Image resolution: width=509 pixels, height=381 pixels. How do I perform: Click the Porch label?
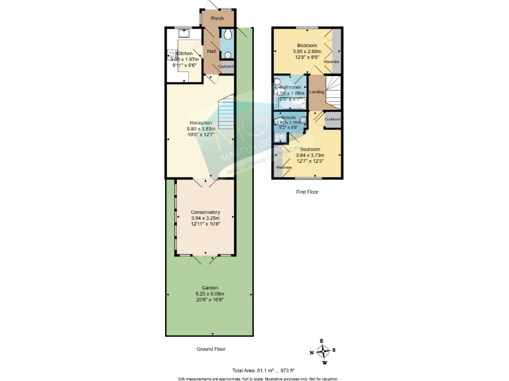(x=217, y=19)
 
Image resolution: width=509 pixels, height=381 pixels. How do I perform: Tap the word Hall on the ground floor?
(x=212, y=51)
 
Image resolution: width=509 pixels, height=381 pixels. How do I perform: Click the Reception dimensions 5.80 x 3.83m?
(x=201, y=129)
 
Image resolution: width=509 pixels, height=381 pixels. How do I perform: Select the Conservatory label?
(x=205, y=212)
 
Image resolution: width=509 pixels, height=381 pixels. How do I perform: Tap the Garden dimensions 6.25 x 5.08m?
(x=209, y=294)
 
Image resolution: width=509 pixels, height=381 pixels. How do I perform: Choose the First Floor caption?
(x=307, y=192)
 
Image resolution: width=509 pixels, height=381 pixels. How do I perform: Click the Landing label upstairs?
(x=317, y=91)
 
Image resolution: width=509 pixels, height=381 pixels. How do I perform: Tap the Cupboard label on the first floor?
(x=332, y=119)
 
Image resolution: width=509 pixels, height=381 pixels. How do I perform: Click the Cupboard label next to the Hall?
(x=226, y=66)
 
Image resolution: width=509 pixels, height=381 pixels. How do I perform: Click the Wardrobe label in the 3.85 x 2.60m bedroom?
(x=336, y=62)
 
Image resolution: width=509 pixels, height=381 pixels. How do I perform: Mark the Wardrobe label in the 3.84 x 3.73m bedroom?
(x=284, y=167)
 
